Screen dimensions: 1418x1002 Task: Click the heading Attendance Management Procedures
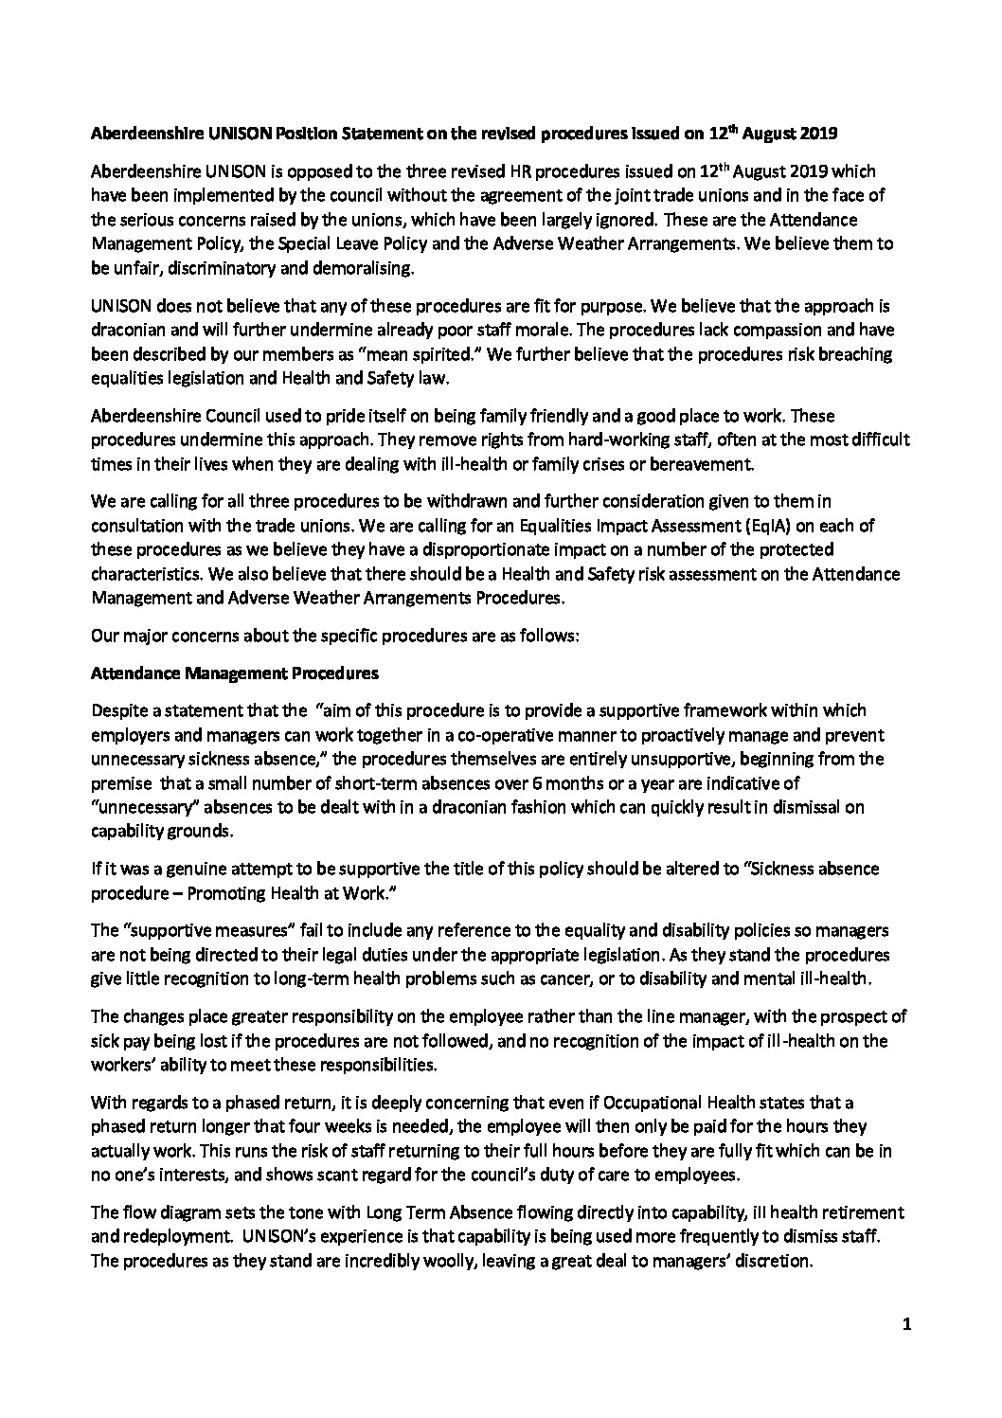[234, 673]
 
